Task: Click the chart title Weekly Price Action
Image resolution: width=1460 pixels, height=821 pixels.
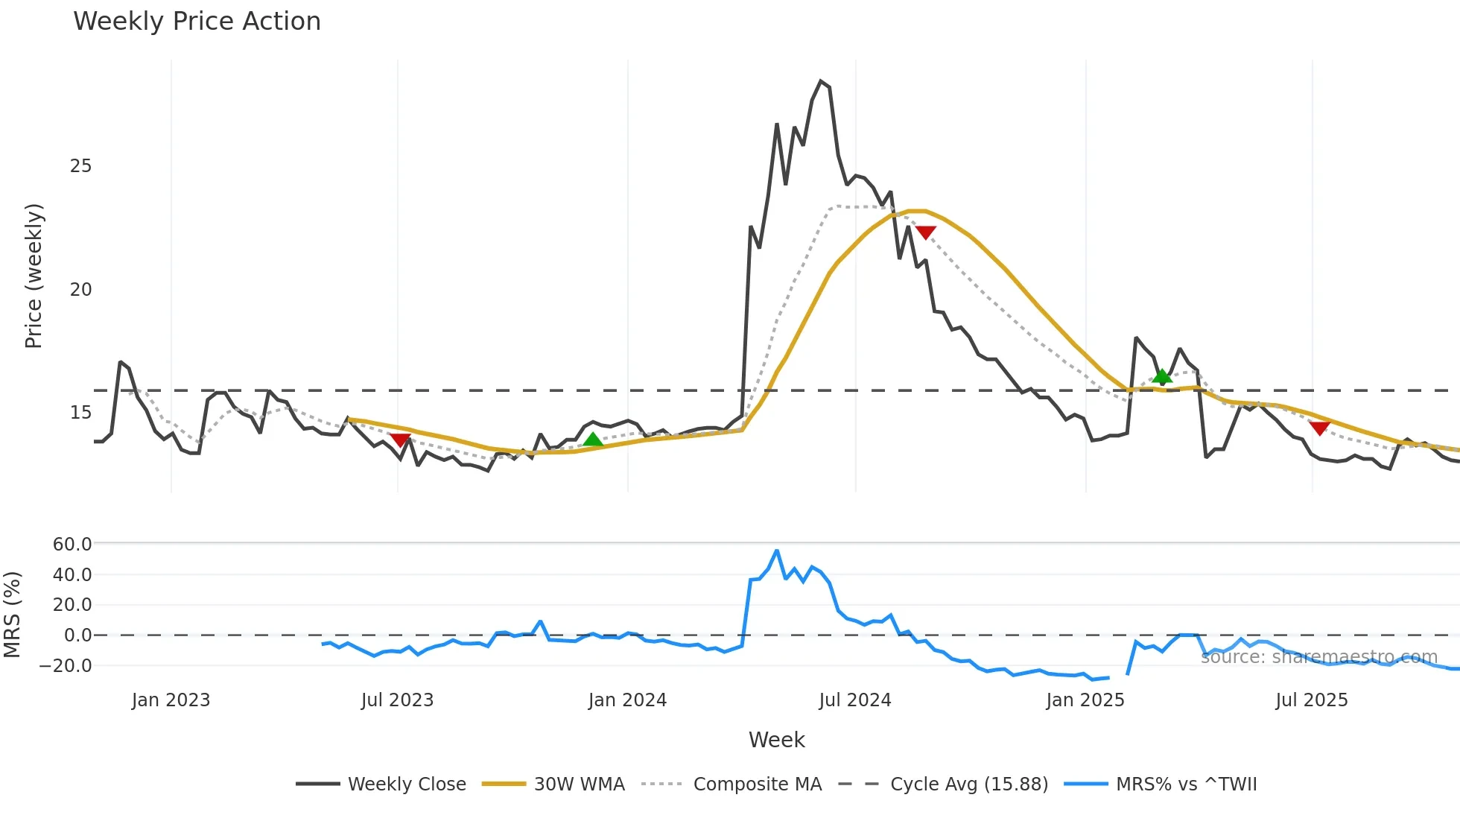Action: click(197, 22)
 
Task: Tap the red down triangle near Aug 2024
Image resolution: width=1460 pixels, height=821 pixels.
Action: click(925, 232)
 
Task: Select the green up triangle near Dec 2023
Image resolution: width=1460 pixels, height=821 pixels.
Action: click(593, 440)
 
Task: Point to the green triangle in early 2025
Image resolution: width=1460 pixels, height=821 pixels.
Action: click(1162, 375)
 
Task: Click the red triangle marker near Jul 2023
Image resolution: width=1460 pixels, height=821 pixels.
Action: click(400, 440)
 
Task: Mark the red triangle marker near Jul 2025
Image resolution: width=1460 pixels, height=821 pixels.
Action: click(1320, 428)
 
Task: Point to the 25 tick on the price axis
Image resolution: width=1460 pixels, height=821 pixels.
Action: click(80, 166)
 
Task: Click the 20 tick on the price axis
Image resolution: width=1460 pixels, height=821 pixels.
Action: click(80, 290)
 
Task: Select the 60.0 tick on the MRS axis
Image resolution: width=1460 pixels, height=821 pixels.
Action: click(72, 545)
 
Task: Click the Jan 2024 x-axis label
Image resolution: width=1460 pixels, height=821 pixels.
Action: click(627, 700)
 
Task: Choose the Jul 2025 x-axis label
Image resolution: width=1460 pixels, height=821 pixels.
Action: click(1312, 700)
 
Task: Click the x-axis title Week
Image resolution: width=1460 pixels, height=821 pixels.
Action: click(776, 740)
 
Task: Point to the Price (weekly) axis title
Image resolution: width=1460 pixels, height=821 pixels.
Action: click(34, 276)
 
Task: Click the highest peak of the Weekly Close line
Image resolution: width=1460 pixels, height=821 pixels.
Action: click(821, 81)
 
